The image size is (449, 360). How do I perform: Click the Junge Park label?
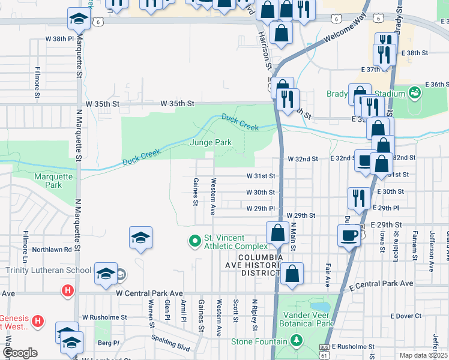tap(211, 143)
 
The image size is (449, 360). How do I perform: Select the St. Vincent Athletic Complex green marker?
tap(194, 241)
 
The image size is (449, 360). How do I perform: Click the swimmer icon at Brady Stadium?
tap(414, 93)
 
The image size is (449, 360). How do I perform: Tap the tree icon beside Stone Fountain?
tap(295, 341)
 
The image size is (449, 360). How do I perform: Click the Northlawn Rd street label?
tap(52, 249)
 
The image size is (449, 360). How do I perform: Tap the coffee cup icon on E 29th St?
tap(348, 234)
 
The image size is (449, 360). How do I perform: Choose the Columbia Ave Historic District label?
tap(260, 265)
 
